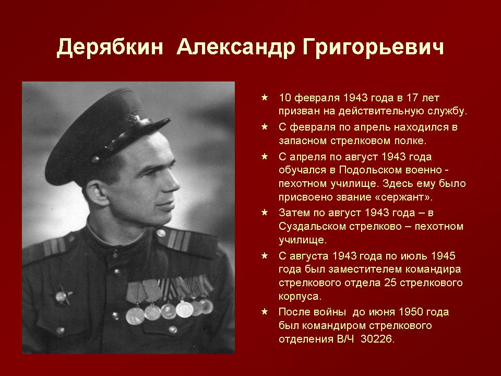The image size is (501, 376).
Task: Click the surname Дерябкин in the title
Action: point(110,48)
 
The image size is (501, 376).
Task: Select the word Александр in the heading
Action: point(236,48)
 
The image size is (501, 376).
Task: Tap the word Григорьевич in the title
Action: point(374,48)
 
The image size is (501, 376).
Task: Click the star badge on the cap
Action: point(134,119)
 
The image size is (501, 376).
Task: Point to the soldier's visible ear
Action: point(97,193)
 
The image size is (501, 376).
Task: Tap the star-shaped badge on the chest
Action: point(63,296)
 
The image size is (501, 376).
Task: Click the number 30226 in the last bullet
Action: point(377,338)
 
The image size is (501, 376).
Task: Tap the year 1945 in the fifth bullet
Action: point(443,256)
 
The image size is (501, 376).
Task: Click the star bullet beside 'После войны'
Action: point(265,311)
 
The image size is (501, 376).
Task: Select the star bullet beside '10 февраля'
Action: point(265,97)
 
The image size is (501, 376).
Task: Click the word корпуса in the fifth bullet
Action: point(300,297)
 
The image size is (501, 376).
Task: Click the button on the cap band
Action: point(95,159)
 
